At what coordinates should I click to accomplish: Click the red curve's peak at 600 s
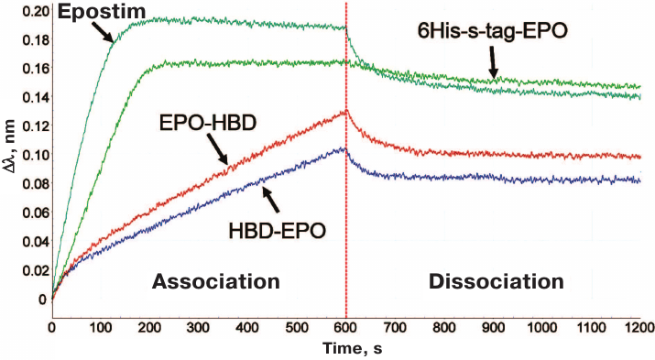click(x=345, y=112)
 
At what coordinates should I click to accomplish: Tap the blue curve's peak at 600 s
click(x=344, y=148)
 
